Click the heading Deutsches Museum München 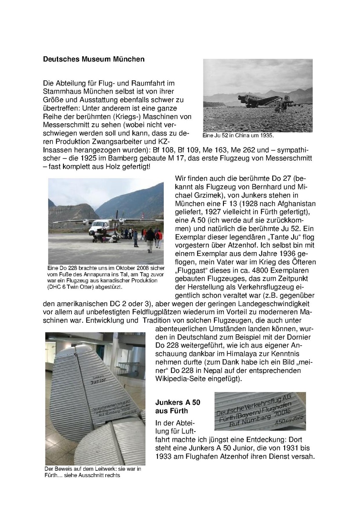coord(94,60)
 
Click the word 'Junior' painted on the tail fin coord(97,381)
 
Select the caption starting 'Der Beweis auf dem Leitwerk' coord(93,472)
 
